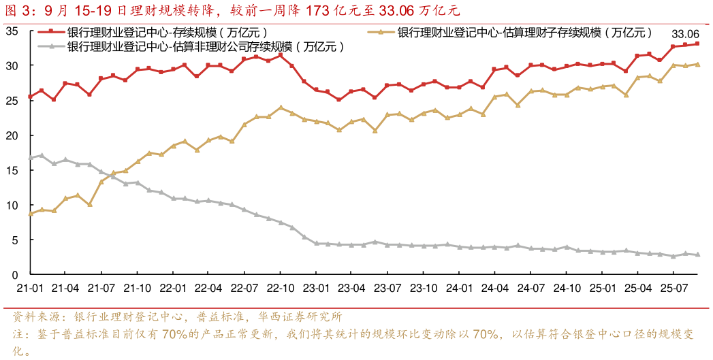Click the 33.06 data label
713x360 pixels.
point(685,34)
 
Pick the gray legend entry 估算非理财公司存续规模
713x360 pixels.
point(204,46)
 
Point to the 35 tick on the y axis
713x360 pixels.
point(12,31)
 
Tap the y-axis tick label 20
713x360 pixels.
point(12,135)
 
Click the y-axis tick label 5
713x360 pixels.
point(14,240)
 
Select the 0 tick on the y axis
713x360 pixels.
point(14,275)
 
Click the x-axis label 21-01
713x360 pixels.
point(30,288)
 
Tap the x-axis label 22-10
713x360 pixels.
point(281,288)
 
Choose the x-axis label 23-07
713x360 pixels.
point(388,288)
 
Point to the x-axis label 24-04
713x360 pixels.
point(495,288)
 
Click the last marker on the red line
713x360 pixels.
point(697,44)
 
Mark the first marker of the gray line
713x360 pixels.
point(30,158)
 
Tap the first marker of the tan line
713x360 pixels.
point(30,214)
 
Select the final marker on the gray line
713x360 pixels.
point(697,255)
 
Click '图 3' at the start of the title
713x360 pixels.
point(18,10)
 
